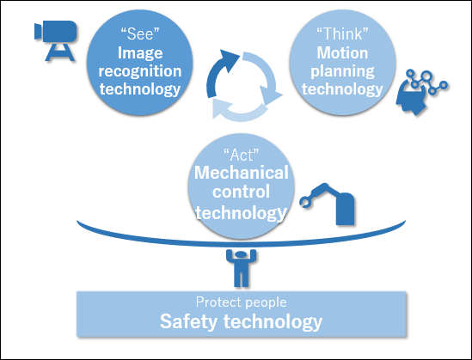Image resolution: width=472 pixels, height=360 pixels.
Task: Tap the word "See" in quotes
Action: (x=139, y=34)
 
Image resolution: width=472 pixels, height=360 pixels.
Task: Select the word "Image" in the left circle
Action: (x=140, y=53)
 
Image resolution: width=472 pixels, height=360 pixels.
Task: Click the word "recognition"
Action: (x=140, y=71)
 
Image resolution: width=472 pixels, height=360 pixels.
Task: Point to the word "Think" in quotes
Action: (x=342, y=34)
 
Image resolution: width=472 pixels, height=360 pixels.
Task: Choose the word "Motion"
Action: (x=342, y=53)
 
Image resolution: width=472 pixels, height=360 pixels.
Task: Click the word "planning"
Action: (x=342, y=71)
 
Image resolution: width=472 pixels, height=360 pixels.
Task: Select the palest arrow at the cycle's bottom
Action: (x=240, y=112)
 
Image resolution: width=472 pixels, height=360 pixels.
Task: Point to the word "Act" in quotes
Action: (x=241, y=156)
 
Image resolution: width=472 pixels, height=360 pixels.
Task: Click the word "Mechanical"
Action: (x=241, y=173)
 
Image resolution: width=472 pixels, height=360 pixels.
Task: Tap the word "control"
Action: (x=241, y=192)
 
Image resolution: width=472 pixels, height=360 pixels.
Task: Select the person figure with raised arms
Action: (x=241, y=268)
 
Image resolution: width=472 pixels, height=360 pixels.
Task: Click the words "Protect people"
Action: (x=241, y=302)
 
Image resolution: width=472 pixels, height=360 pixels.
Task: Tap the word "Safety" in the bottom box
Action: (x=188, y=321)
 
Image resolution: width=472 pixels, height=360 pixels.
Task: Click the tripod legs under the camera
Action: (x=59, y=52)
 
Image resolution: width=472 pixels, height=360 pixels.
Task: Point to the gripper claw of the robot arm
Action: (x=305, y=202)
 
